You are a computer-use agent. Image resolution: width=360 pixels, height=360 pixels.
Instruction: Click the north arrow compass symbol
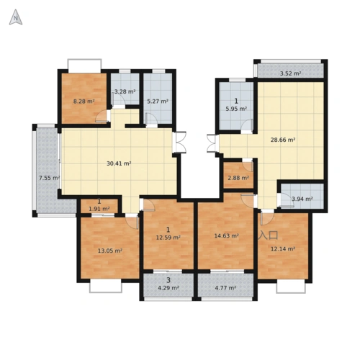point(16,17)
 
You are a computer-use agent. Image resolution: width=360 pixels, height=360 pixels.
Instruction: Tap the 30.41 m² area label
point(119,163)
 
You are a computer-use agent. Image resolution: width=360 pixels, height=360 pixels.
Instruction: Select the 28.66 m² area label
point(283,140)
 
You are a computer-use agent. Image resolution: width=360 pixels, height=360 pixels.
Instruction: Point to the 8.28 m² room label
point(84,102)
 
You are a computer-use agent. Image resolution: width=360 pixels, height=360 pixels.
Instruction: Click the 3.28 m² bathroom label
point(125,91)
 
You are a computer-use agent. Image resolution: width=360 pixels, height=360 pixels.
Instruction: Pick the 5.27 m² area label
point(158,102)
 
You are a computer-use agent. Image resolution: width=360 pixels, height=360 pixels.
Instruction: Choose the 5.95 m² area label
point(236,109)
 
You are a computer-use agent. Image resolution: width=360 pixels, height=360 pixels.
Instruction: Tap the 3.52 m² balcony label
point(291,73)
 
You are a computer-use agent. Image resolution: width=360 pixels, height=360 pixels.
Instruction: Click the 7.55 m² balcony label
point(50,178)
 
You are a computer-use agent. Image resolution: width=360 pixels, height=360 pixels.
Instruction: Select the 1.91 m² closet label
point(99,209)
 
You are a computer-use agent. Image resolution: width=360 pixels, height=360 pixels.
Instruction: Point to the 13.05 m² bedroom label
point(110,251)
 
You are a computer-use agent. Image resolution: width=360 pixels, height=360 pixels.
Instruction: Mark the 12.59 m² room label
point(168,238)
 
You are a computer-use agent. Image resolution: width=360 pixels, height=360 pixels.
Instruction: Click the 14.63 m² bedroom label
point(226,236)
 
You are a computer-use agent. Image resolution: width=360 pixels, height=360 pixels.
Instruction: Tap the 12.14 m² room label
point(283,249)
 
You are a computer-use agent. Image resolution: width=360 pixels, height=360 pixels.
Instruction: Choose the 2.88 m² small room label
point(238,178)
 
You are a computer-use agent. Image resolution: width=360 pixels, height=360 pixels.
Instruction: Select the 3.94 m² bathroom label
point(302,199)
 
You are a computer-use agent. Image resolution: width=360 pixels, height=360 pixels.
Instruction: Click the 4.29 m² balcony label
point(168,288)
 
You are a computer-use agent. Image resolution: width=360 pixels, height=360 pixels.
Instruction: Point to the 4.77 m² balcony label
point(225,288)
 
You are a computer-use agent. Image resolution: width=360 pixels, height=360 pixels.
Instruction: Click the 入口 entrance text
point(269,235)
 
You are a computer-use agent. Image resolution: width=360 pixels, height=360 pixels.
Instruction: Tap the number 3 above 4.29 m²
point(168,280)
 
